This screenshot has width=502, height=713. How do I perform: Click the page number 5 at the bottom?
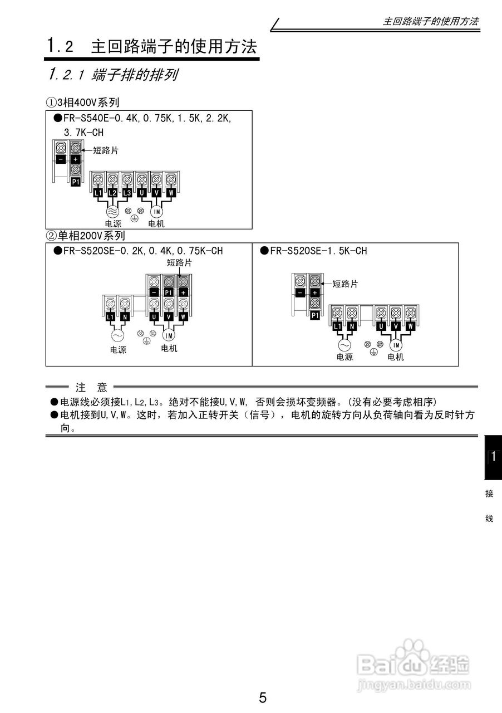[263, 697]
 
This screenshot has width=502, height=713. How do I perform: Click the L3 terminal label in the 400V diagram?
[127, 193]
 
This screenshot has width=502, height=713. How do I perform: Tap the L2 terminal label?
[112, 193]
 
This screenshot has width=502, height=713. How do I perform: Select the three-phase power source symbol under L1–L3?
[111, 212]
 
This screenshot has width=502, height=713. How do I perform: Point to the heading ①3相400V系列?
[82, 102]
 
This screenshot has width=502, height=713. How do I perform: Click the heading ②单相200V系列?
[85, 236]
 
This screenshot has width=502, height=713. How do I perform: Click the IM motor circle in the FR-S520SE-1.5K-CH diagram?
[395, 345]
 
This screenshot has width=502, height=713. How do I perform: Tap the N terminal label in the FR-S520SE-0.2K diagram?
[125, 316]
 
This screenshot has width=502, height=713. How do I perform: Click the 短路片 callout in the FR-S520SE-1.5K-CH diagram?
[345, 284]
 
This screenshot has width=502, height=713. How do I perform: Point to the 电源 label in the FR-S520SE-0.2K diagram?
[118, 350]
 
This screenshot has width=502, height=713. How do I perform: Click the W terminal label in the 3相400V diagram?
[171, 193]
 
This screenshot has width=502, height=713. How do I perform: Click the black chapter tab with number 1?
[493, 457]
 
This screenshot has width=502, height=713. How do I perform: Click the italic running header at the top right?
[431, 22]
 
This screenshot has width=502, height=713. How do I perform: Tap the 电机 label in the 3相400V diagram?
[156, 224]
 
